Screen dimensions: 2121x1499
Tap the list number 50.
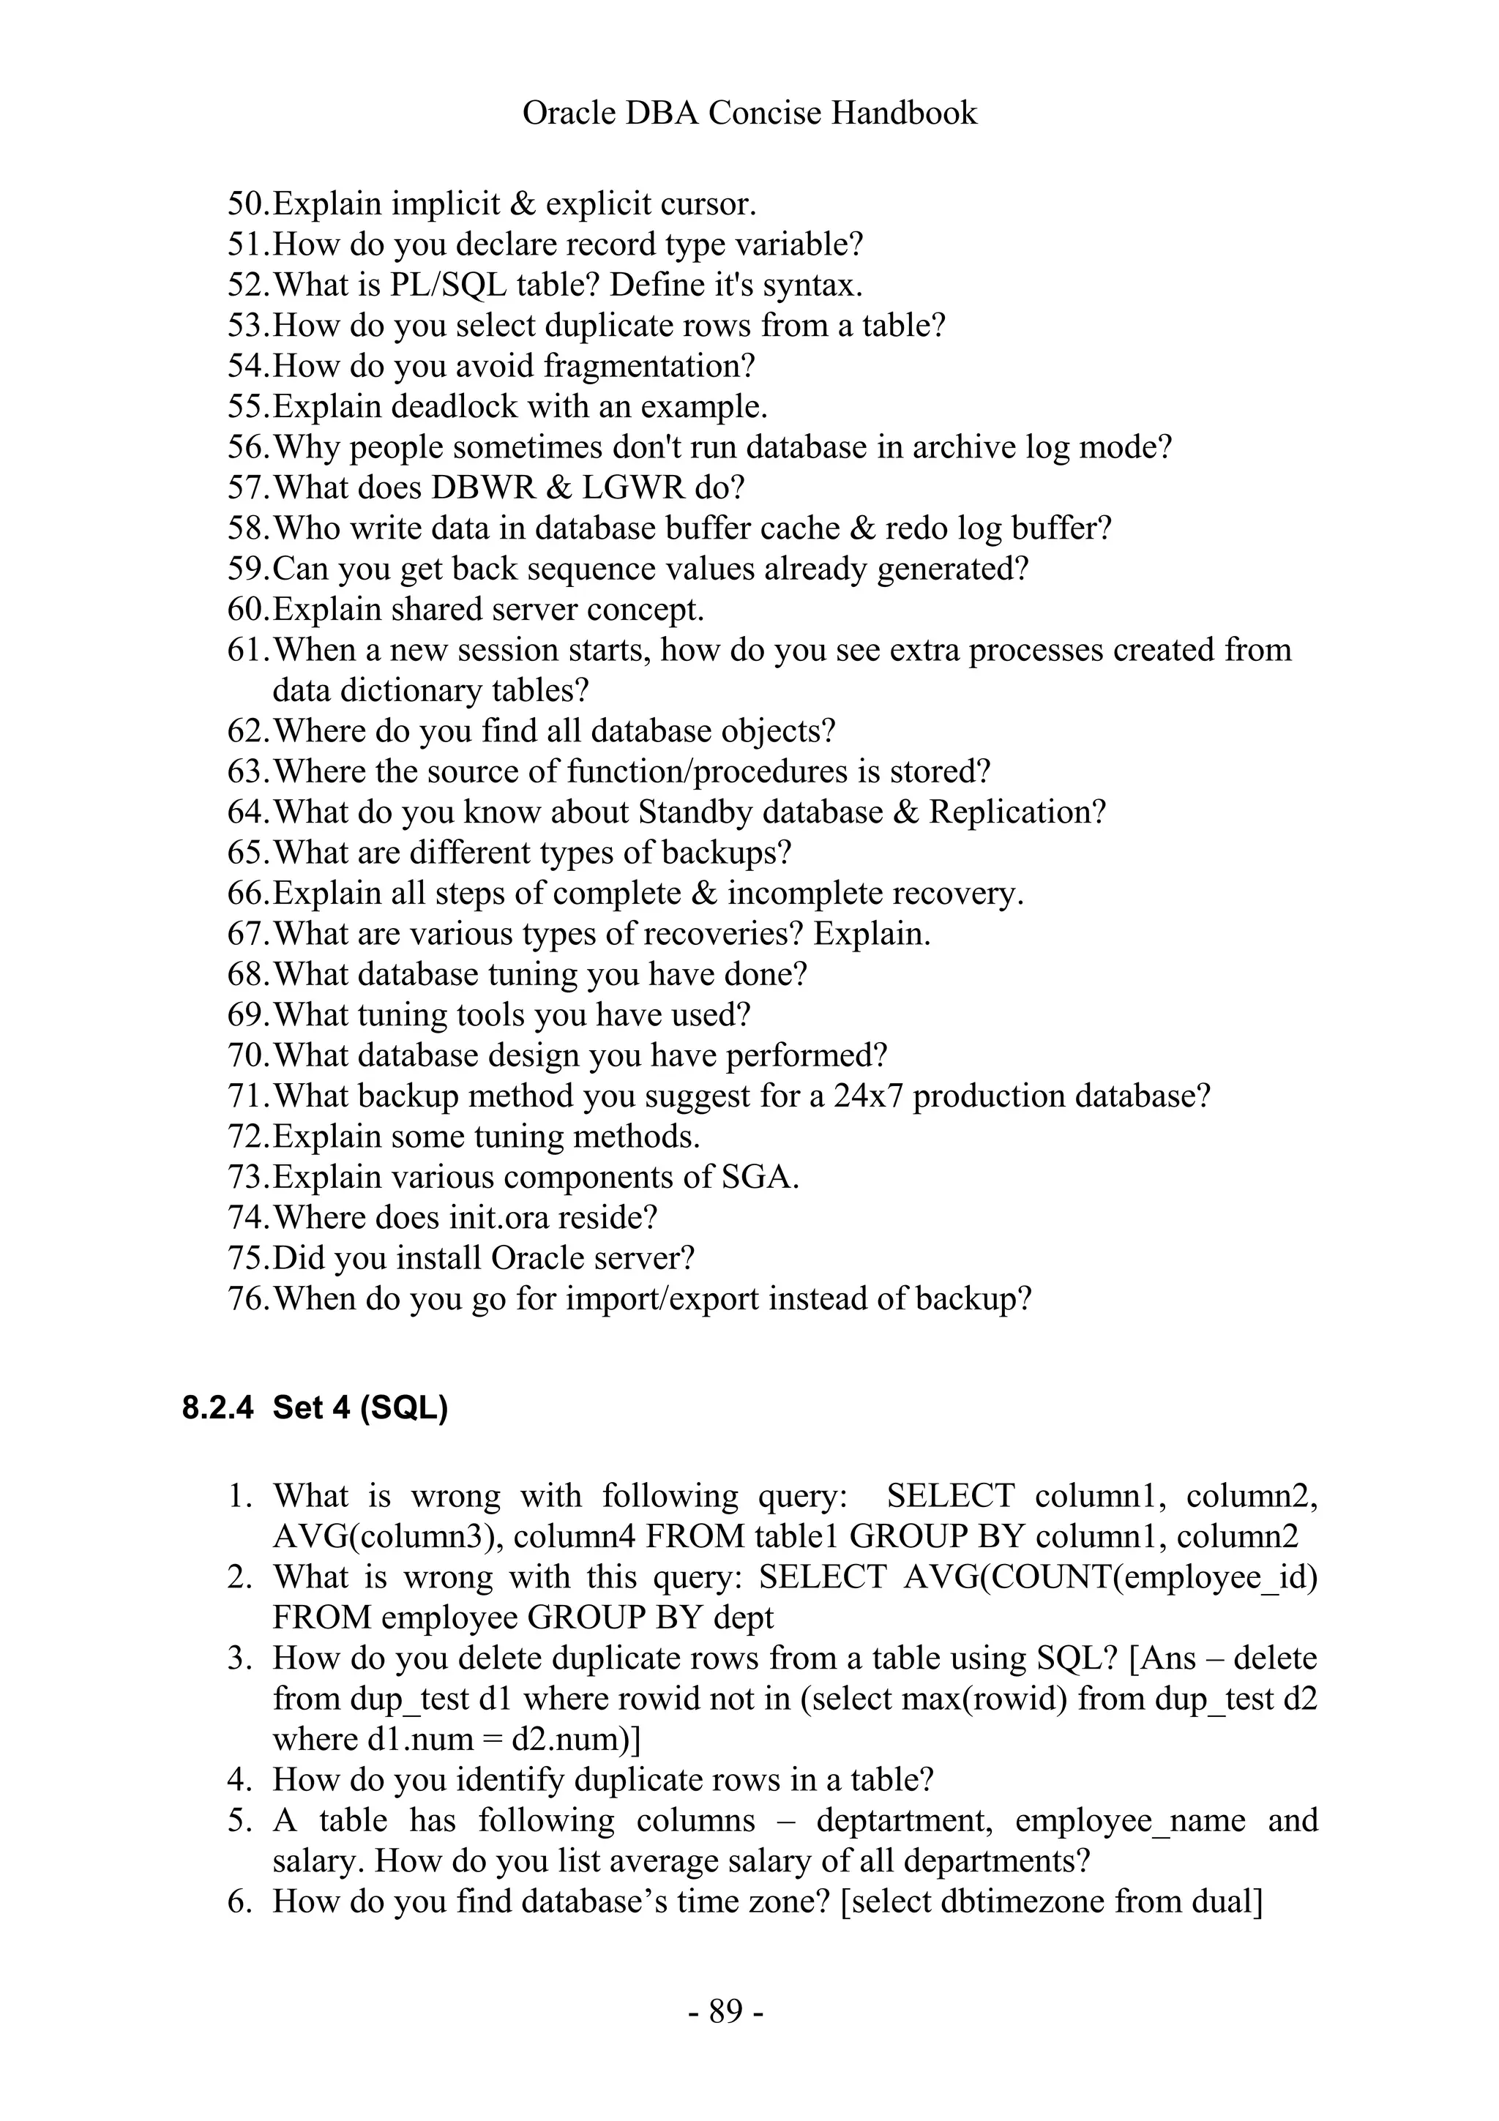point(247,203)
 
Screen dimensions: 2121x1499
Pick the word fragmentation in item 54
point(648,366)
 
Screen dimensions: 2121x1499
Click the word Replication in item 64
point(1016,812)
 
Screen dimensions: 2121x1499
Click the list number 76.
point(247,1299)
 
